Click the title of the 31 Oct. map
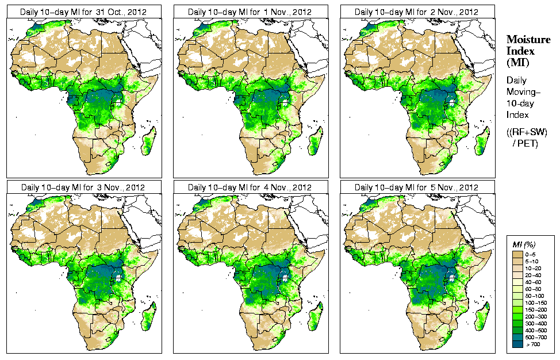[83, 12]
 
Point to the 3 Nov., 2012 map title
[83, 187]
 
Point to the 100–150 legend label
[538, 302]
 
